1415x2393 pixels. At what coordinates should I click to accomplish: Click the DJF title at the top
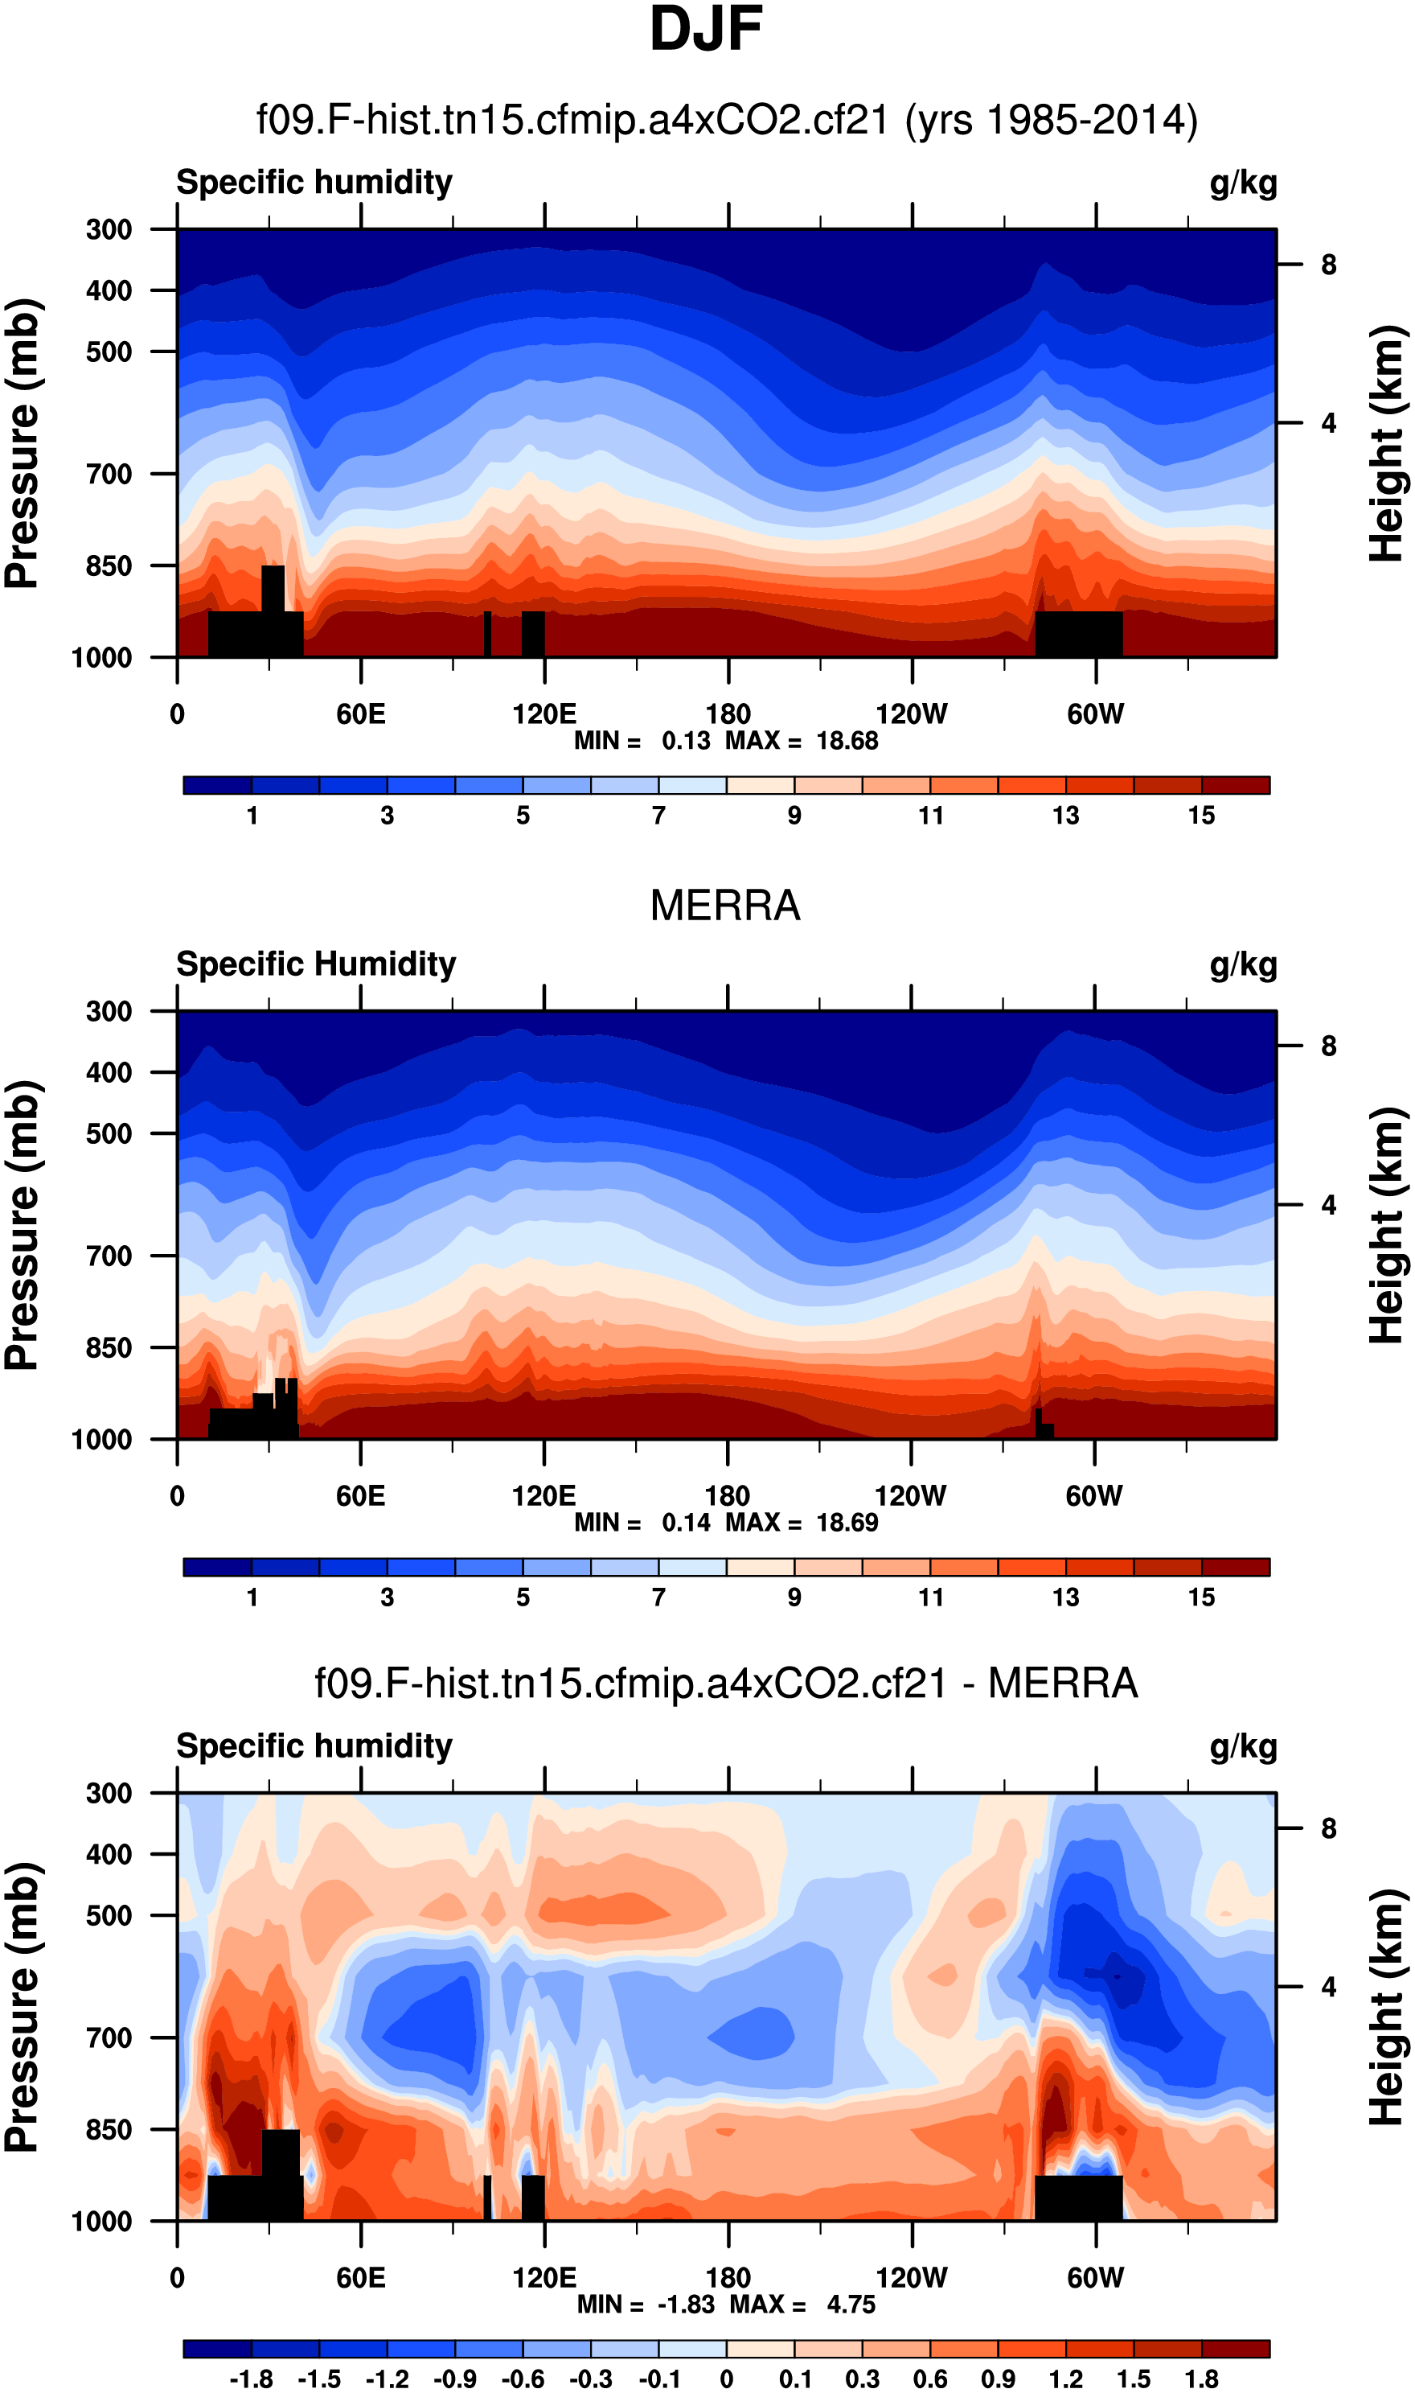(706, 30)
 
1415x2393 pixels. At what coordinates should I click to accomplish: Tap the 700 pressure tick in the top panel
(109, 474)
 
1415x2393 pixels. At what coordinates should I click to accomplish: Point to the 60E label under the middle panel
(360, 1495)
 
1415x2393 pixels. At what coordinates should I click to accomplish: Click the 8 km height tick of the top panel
(1328, 265)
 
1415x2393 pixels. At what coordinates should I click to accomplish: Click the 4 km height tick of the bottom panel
(1328, 1988)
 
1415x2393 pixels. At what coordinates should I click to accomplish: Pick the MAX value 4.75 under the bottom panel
(851, 2305)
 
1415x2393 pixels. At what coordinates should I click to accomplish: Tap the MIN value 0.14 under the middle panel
(686, 1522)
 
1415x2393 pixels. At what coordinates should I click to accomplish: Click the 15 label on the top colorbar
(1201, 816)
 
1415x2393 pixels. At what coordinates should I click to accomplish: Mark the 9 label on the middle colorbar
(794, 1597)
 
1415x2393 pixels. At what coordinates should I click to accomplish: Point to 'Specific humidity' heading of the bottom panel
(314, 1746)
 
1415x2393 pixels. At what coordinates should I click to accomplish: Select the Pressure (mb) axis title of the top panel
(22, 443)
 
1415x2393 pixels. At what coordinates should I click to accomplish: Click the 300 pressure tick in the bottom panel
(109, 1794)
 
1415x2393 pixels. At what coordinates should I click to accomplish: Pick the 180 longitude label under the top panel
(728, 713)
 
